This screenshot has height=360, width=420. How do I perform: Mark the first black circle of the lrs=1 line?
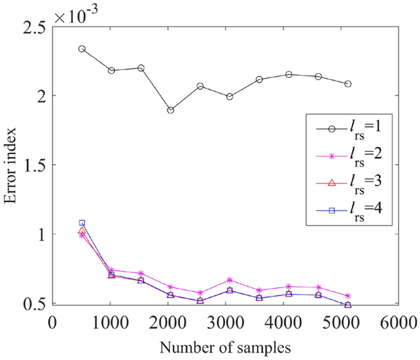click(82, 49)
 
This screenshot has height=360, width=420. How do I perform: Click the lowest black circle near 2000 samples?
click(170, 110)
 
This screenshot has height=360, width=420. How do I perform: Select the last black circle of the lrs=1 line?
click(347, 84)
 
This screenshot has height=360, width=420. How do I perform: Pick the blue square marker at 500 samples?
click(82, 223)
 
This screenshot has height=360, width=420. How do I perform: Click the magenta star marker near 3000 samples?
click(229, 280)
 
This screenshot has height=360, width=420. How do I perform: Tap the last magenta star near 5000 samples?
click(347, 296)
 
